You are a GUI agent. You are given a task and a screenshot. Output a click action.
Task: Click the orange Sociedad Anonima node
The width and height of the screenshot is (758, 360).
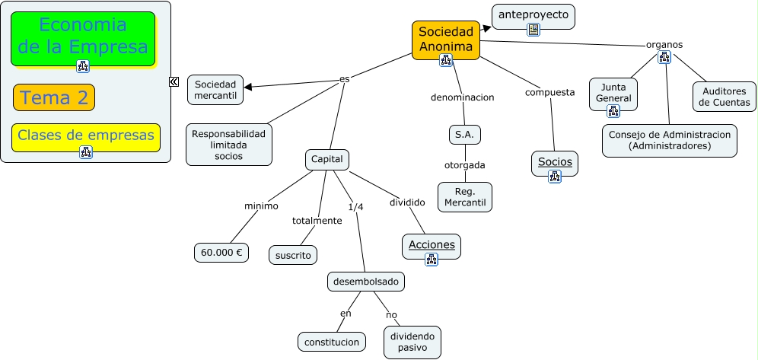point(446,38)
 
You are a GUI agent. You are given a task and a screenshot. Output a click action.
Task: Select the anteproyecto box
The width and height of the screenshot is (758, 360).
point(533,15)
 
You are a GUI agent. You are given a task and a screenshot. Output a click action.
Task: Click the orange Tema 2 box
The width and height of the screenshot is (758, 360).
point(54,97)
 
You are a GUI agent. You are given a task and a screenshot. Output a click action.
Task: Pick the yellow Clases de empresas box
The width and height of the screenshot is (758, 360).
point(86,135)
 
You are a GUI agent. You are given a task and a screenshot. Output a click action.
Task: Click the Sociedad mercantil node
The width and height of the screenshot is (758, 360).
point(215,90)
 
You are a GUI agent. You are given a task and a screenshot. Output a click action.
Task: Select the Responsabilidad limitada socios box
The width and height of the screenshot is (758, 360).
point(228,144)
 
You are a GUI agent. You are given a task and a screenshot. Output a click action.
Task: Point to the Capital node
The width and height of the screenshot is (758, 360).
point(327,160)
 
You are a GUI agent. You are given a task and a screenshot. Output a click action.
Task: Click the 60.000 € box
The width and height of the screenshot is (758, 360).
point(221,253)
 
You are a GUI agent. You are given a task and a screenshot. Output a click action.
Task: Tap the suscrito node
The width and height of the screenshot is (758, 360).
point(293,255)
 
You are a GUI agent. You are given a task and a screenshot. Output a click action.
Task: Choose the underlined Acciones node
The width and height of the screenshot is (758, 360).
point(432,244)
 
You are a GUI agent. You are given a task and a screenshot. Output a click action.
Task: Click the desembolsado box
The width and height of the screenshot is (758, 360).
point(366,282)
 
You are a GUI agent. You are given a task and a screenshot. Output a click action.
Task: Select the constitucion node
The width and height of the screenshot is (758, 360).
point(331,342)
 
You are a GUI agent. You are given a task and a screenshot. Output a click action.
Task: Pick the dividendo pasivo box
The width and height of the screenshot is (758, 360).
point(412,342)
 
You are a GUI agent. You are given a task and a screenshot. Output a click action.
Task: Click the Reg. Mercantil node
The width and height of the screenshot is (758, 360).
point(465,196)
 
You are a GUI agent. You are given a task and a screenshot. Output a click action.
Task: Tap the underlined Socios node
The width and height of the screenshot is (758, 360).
point(555,161)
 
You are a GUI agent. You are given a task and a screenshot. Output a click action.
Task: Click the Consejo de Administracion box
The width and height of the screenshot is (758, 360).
point(670,140)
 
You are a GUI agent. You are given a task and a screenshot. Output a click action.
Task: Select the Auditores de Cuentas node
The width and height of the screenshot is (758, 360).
point(725,96)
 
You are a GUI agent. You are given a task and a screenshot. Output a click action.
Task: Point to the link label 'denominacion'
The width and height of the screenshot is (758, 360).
point(462,97)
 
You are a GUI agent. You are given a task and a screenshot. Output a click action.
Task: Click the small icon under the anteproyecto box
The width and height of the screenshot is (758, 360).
point(533,30)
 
